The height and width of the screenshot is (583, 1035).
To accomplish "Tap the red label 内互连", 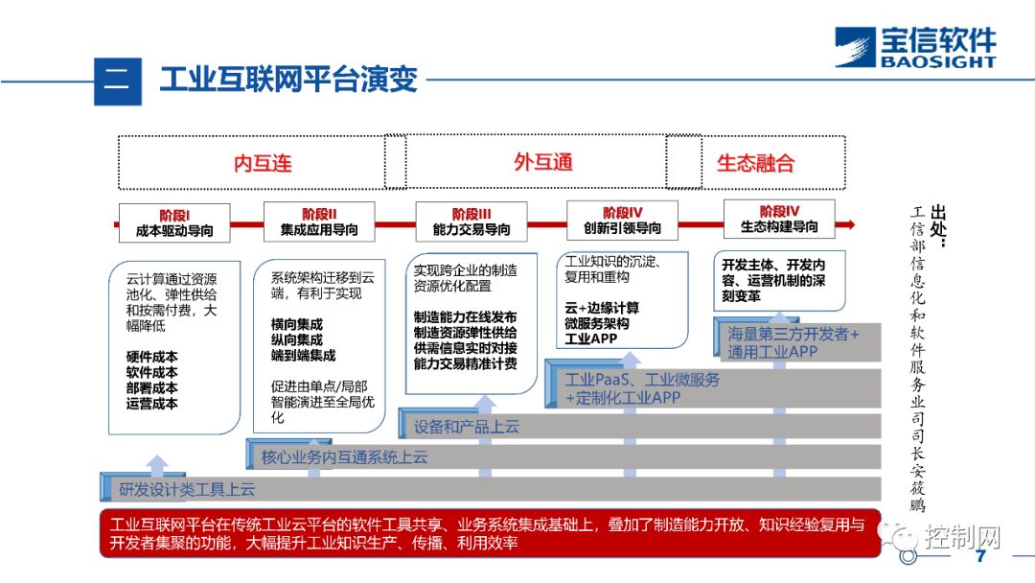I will (x=263, y=163).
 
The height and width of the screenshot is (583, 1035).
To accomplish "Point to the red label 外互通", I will (x=543, y=162).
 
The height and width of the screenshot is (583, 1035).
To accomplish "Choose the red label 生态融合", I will (x=755, y=163).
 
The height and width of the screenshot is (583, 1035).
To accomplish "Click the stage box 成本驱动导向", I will (x=174, y=222).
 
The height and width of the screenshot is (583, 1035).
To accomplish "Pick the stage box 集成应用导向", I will (x=319, y=222).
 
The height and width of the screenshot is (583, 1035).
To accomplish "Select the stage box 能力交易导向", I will (x=471, y=222).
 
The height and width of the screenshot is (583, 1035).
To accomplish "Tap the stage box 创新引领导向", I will (x=622, y=221).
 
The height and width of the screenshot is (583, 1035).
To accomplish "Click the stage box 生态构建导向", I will (x=779, y=220).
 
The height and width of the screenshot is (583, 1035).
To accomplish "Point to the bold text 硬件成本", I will (x=151, y=357).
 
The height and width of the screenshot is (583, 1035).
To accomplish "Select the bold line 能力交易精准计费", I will (x=465, y=364).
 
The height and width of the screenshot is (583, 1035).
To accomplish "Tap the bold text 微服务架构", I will (x=597, y=324).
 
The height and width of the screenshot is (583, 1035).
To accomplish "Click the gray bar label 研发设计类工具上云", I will (x=187, y=490).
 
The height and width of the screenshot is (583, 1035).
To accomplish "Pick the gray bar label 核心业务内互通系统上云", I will (x=344, y=457).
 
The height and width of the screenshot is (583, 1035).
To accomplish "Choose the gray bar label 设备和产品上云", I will (x=467, y=427).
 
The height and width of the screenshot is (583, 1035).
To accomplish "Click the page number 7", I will (x=979, y=557).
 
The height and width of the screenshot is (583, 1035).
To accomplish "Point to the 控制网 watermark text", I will (x=962, y=536).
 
